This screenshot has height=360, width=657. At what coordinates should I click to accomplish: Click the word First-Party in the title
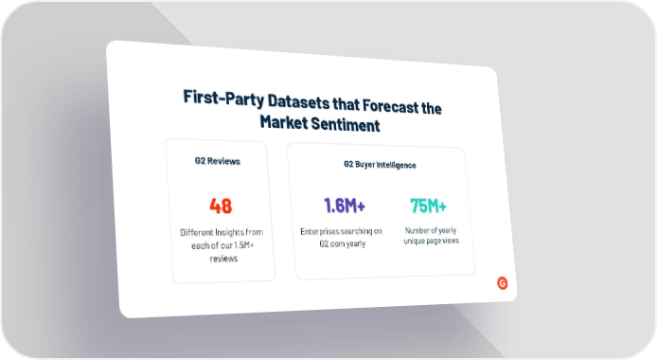coord(223,99)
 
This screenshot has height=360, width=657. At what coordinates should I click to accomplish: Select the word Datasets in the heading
coord(299,101)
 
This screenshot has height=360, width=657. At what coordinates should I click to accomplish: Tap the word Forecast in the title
coord(391,106)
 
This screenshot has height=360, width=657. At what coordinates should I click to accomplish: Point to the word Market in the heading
coord(284,122)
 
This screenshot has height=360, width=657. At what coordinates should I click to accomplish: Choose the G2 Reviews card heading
coord(218,161)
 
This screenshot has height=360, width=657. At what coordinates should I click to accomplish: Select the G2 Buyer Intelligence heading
coord(380,165)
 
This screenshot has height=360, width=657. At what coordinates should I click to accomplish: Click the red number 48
coord(221,206)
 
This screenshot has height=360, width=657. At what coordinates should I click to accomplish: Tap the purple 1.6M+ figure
coord(345,206)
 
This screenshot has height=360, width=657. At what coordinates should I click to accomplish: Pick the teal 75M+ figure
coord(428,206)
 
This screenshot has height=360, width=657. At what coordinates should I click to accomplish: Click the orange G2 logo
coord(503,283)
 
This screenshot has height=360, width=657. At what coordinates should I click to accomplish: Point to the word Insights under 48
coord(230,233)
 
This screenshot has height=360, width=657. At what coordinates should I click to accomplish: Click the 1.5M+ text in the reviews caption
coord(244,245)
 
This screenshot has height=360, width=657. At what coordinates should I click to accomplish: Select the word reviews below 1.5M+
coord(223,259)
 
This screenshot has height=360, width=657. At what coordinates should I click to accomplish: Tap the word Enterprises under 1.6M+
coord(320,231)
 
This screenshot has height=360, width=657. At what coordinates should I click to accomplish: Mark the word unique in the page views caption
coord(413,241)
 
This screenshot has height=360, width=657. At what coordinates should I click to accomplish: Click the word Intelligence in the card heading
coord(397,166)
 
